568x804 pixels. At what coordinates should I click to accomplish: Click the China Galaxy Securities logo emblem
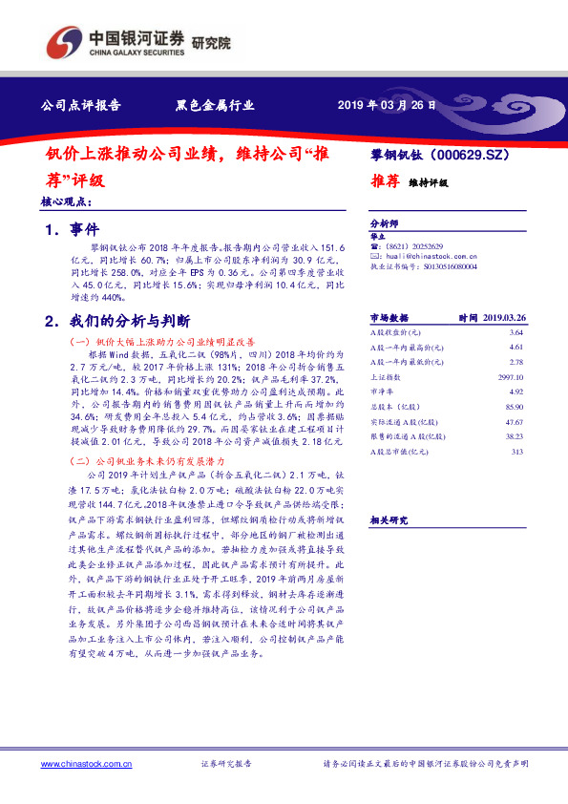point(65,41)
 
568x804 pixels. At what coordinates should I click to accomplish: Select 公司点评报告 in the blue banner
point(80,106)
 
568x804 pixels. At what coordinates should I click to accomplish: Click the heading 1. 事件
point(73,230)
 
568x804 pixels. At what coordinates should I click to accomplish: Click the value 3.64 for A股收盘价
point(516,331)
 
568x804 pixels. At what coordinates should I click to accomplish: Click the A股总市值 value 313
point(517,452)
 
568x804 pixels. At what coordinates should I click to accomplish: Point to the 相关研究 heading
point(389,519)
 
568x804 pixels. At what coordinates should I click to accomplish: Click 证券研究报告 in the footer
point(226,764)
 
